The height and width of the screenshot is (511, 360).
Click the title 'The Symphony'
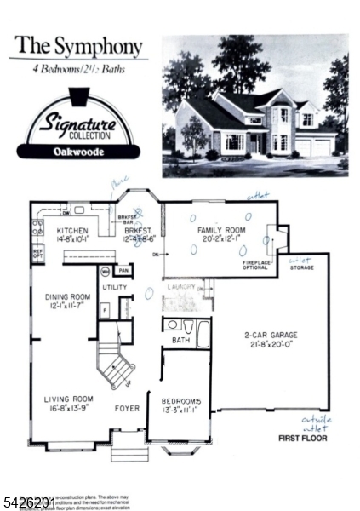click(x=76, y=45)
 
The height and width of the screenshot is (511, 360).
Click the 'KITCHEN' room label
click(x=74, y=231)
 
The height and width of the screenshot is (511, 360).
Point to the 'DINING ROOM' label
click(x=67, y=297)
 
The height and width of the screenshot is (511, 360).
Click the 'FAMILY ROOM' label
click(x=220, y=231)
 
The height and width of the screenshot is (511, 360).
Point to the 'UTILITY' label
click(x=114, y=287)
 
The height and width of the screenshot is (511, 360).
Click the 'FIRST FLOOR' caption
click(x=304, y=439)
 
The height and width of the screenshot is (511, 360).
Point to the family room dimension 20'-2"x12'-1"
click(x=220, y=240)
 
